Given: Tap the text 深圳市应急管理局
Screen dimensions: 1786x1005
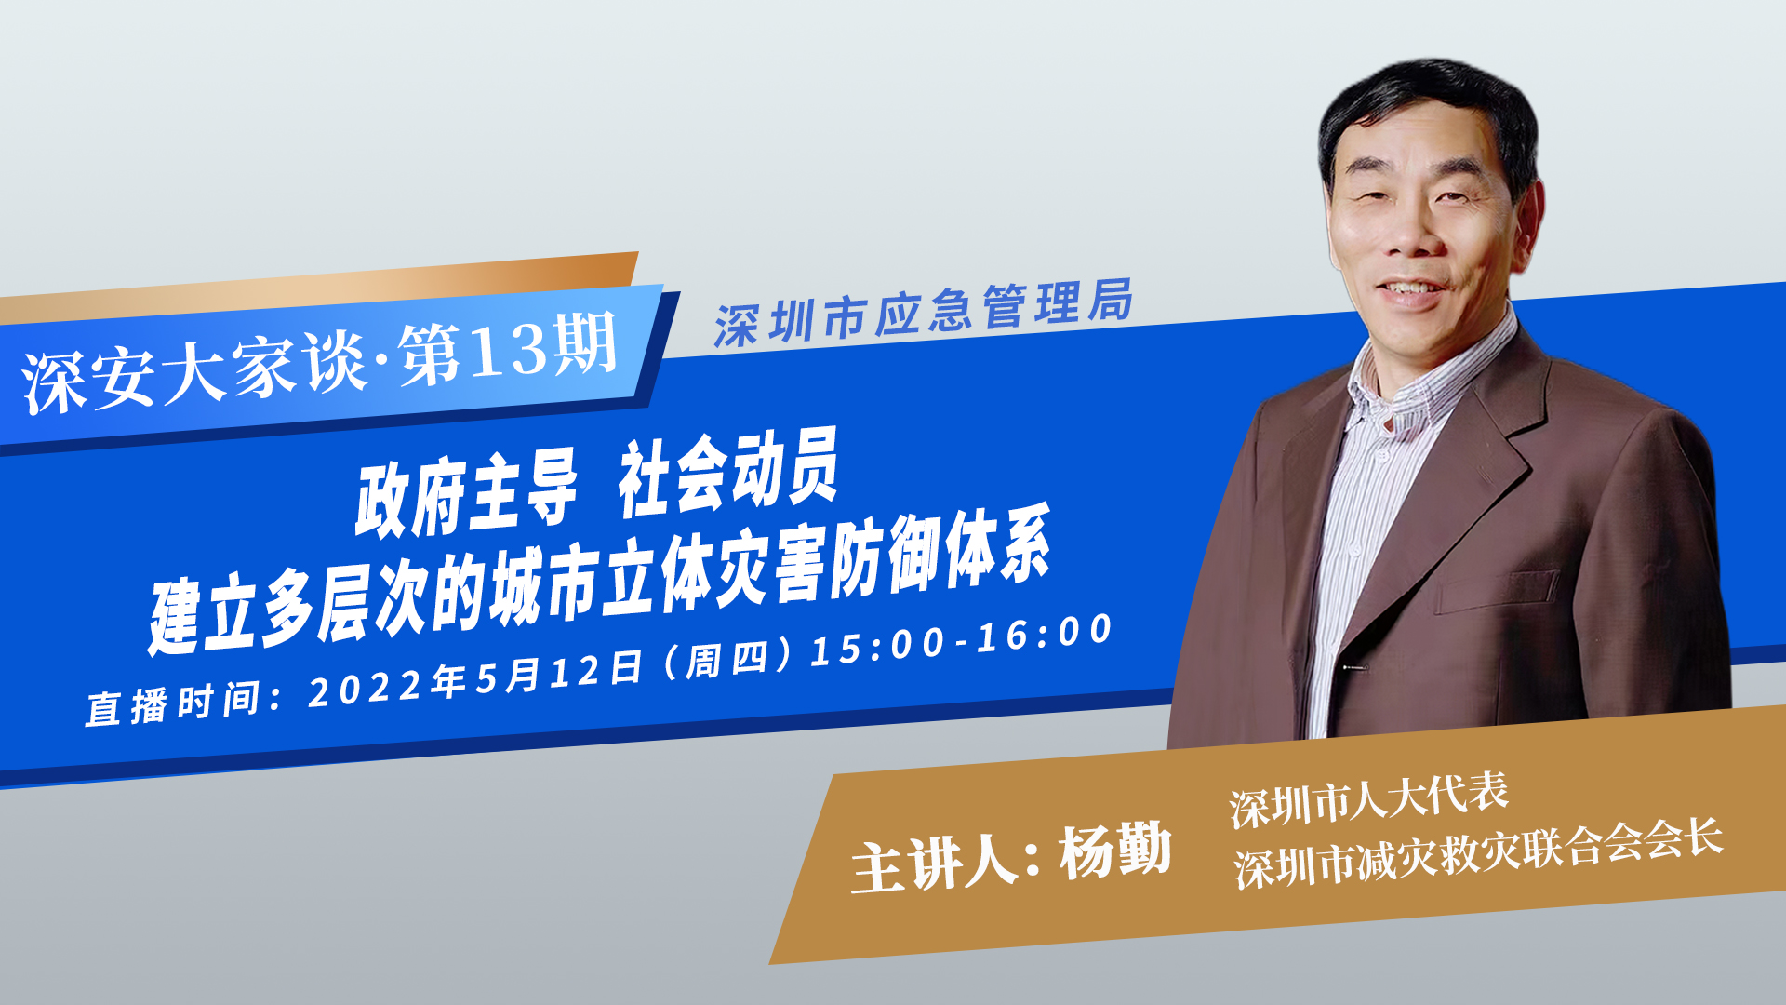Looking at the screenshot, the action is pyautogui.click(x=924, y=313).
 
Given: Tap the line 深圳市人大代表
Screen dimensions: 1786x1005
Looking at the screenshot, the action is pyautogui.click(x=1368, y=800).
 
